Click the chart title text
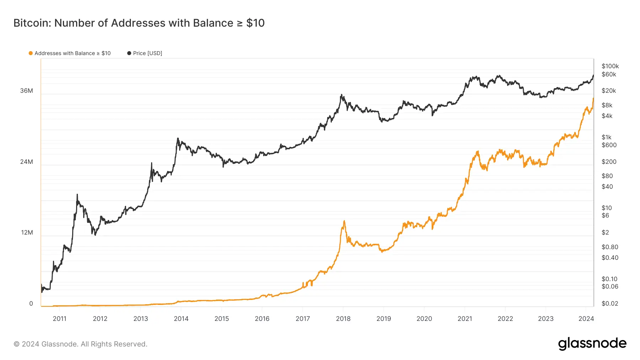[139, 23]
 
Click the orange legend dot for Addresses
[31, 53]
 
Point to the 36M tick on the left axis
[27, 91]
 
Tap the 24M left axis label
[27, 162]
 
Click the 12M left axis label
[27, 232]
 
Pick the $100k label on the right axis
[610, 66]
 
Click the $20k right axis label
[609, 91]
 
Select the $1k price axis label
[607, 137]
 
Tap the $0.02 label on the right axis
[610, 303]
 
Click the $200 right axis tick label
[609, 162]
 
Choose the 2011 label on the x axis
[60, 319]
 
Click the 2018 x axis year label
[343, 319]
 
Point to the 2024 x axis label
[586, 319]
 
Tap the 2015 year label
[222, 319]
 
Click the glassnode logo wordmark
[592, 344]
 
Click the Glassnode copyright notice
[80, 344]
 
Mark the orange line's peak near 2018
[344, 221]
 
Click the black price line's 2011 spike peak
[77, 195]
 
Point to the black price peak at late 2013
[178, 139]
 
